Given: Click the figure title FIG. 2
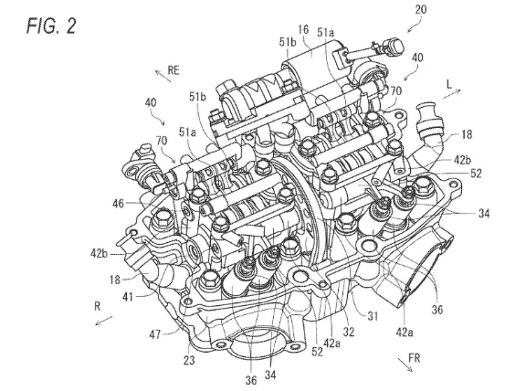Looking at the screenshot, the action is (x=51, y=26).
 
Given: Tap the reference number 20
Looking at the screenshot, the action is (x=421, y=9).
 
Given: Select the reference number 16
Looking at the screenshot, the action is (x=303, y=29).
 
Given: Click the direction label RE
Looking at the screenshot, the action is (x=173, y=70).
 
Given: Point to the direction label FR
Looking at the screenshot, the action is (x=415, y=358).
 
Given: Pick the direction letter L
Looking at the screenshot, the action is (x=449, y=84).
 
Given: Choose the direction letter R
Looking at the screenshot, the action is (x=98, y=306).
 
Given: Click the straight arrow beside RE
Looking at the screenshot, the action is (x=163, y=76).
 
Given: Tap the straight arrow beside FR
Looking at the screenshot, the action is (x=405, y=365).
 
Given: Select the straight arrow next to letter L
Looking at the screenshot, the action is (x=452, y=93).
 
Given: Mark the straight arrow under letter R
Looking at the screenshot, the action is (x=104, y=321).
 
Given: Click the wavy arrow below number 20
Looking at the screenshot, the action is (x=415, y=25).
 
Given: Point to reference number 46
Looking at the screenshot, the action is (x=118, y=204).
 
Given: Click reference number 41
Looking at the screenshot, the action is (x=128, y=297).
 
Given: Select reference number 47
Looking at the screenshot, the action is (x=154, y=334).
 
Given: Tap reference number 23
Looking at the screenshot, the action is (x=189, y=360).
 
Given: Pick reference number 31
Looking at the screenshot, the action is (x=373, y=316).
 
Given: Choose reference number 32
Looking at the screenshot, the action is (x=349, y=332).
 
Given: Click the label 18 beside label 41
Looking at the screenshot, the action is (x=115, y=280).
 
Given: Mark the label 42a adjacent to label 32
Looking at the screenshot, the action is (x=331, y=343).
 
